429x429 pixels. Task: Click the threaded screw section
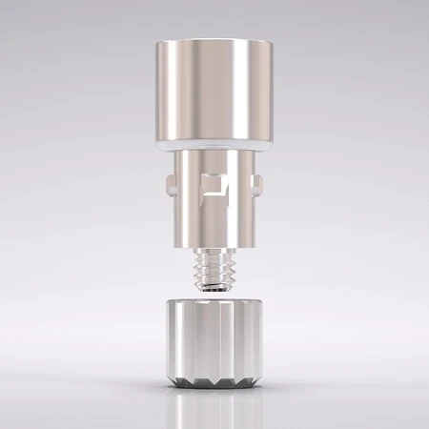click(x=214, y=270)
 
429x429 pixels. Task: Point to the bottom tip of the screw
click(x=214, y=291)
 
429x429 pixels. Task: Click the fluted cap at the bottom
click(x=214, y=343)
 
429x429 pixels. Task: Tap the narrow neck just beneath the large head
click(x=214, y=155)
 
